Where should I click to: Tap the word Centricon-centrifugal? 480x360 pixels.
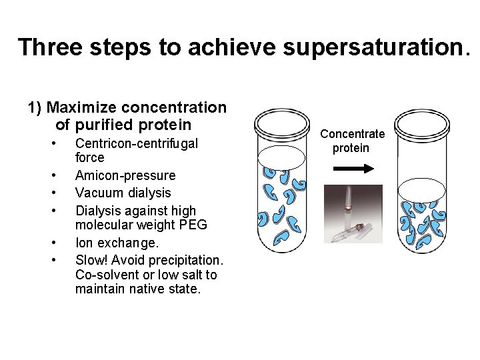137,143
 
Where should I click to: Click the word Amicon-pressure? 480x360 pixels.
125,175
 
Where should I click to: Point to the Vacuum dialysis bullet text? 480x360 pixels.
123,193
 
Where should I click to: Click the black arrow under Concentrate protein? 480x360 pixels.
351,170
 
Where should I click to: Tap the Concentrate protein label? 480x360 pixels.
351,141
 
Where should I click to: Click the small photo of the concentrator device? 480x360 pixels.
353,213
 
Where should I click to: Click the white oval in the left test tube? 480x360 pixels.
285,158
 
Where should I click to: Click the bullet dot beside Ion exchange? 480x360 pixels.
53,243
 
